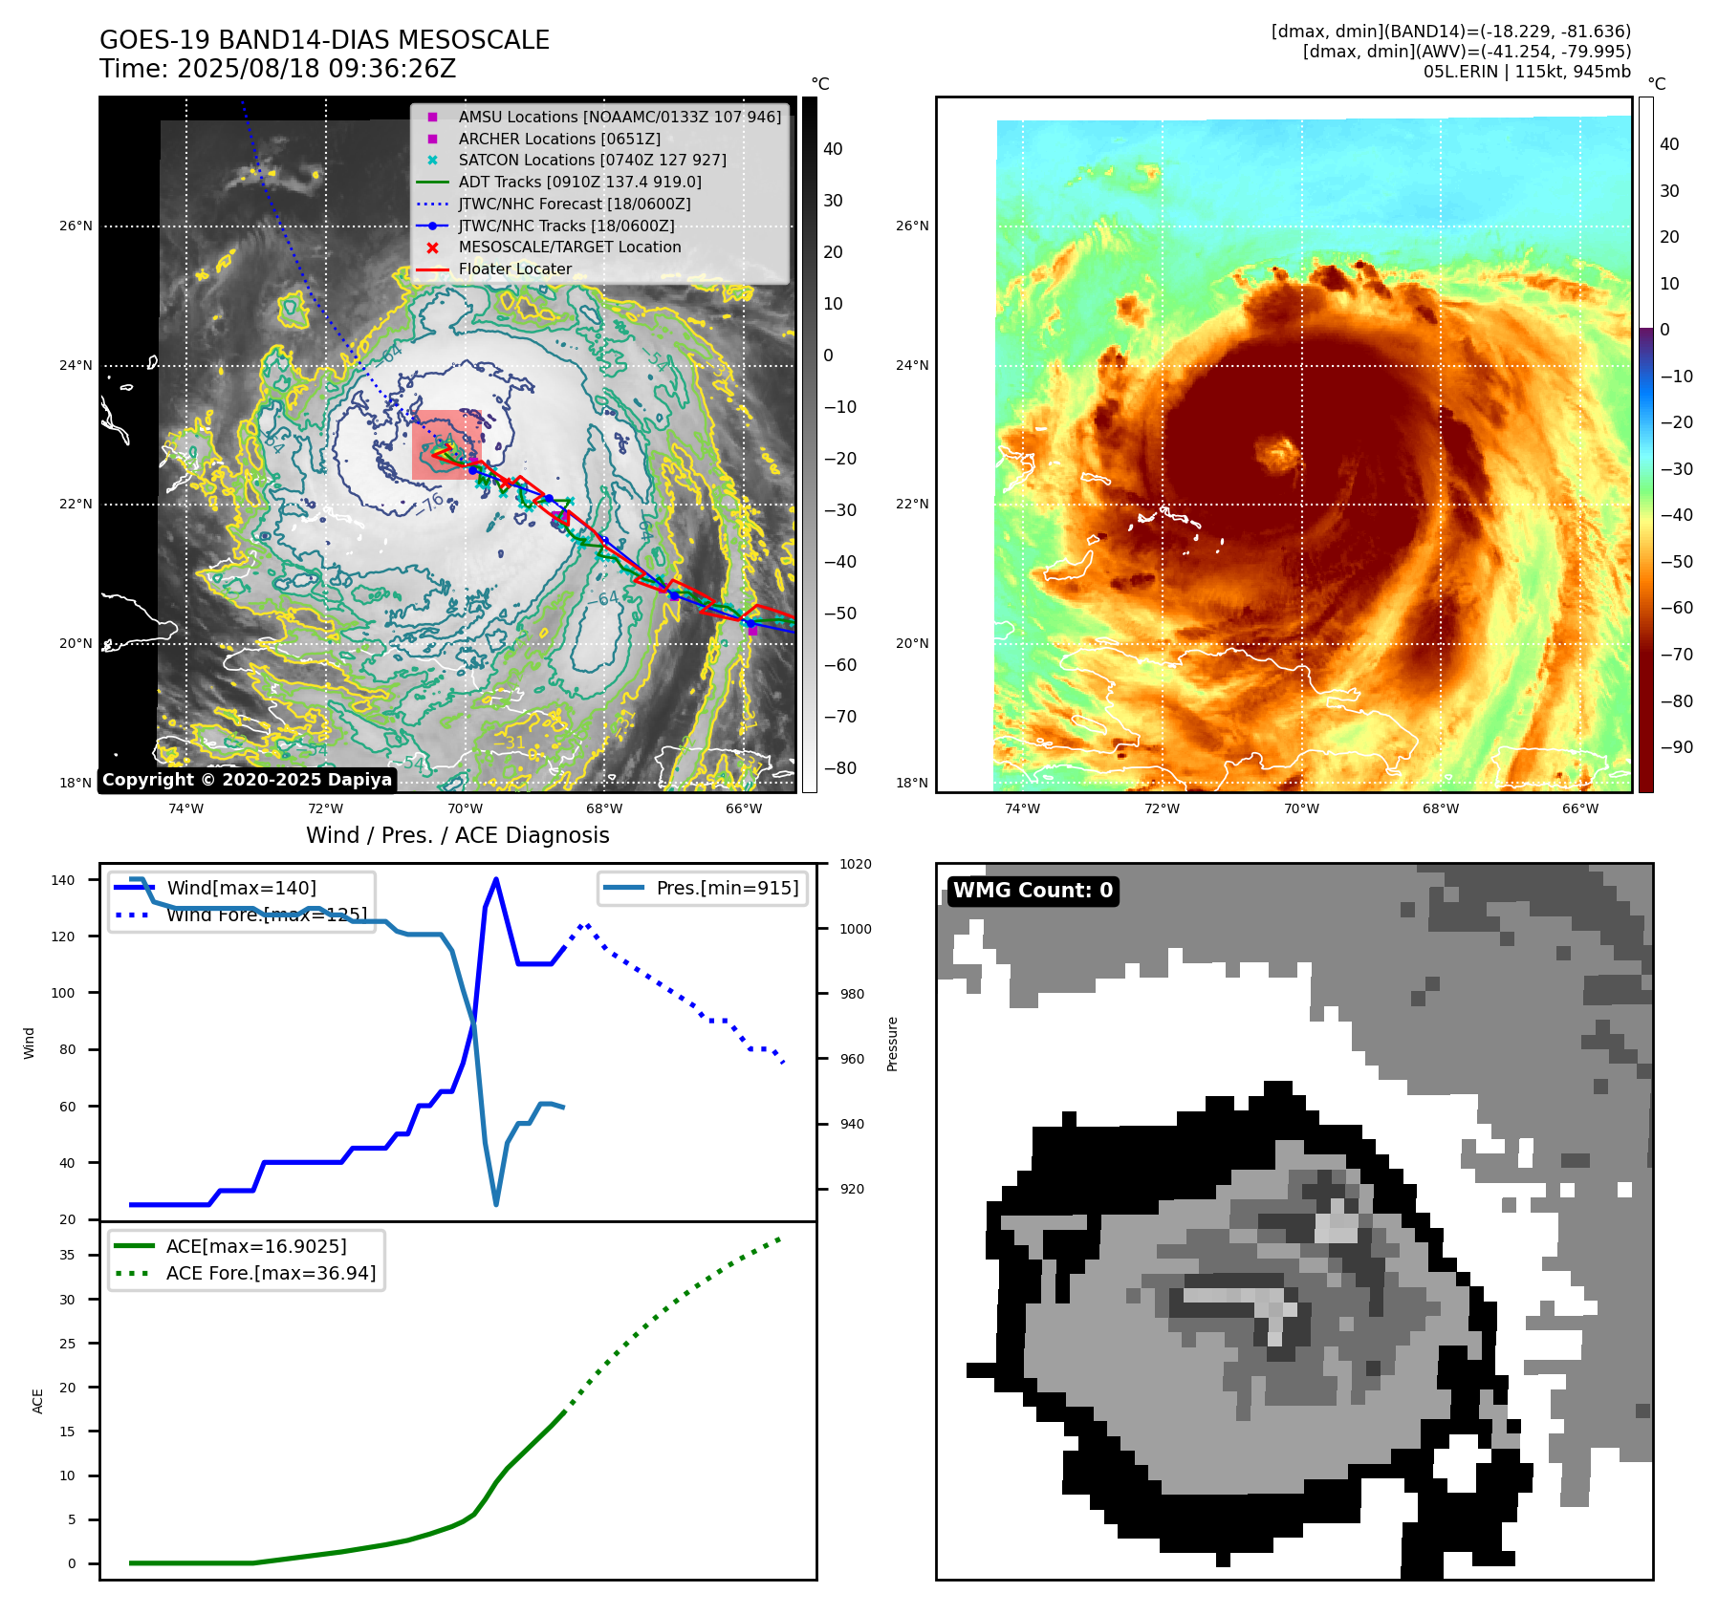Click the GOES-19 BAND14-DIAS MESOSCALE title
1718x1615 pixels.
coord(324,40)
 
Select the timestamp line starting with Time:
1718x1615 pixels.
coord(277,69)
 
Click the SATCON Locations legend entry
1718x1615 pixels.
coord(592,160)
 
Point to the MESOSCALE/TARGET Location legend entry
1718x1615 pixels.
coord(569,247)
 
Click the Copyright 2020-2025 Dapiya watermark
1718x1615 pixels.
coord(247,780)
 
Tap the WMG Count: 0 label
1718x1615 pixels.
coord(1033,891)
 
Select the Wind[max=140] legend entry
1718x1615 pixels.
coord(241,888)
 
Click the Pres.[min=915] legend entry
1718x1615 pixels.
coord(727,888)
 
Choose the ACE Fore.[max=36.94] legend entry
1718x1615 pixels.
coord(271,1273)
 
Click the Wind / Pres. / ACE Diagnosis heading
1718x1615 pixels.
coord(457,835)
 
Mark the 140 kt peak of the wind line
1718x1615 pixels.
coord(495,879)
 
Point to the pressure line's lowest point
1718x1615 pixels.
coord(496,1204)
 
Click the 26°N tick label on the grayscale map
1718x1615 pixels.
coord(76,226)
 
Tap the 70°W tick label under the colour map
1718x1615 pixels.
coord(1301,808)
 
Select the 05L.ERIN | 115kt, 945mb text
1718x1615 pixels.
coord(1527,72)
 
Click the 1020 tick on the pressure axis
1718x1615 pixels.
coord(855,864)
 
